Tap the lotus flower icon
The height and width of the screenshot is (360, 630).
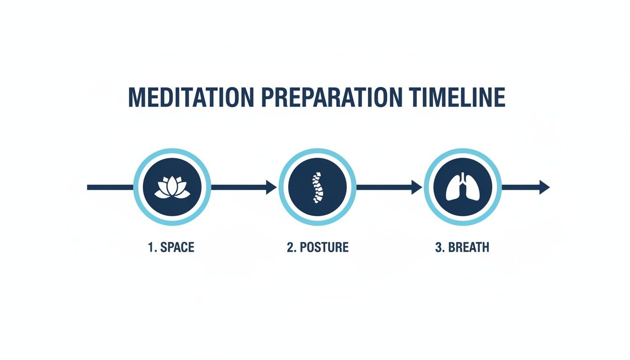click(172, 187)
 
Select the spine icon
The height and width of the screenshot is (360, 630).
click(317, 187)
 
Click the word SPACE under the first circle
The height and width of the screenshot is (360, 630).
click(177, 247)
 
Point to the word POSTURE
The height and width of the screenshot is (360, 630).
click(324, 247)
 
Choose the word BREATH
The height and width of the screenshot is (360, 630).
click(468, 247)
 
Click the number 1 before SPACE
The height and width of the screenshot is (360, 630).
click(151, 247)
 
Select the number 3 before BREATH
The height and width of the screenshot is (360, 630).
click(439, 247)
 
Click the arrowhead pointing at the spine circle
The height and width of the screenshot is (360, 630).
click(272, 187)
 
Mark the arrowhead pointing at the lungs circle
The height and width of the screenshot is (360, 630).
click(417, 187)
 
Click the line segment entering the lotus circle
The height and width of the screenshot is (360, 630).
click(110, 187)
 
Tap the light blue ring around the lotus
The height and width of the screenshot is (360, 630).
click(172, 151)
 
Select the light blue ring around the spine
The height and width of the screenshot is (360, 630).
click(317, 151)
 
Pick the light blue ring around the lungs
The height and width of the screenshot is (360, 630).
click(463, 151)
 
